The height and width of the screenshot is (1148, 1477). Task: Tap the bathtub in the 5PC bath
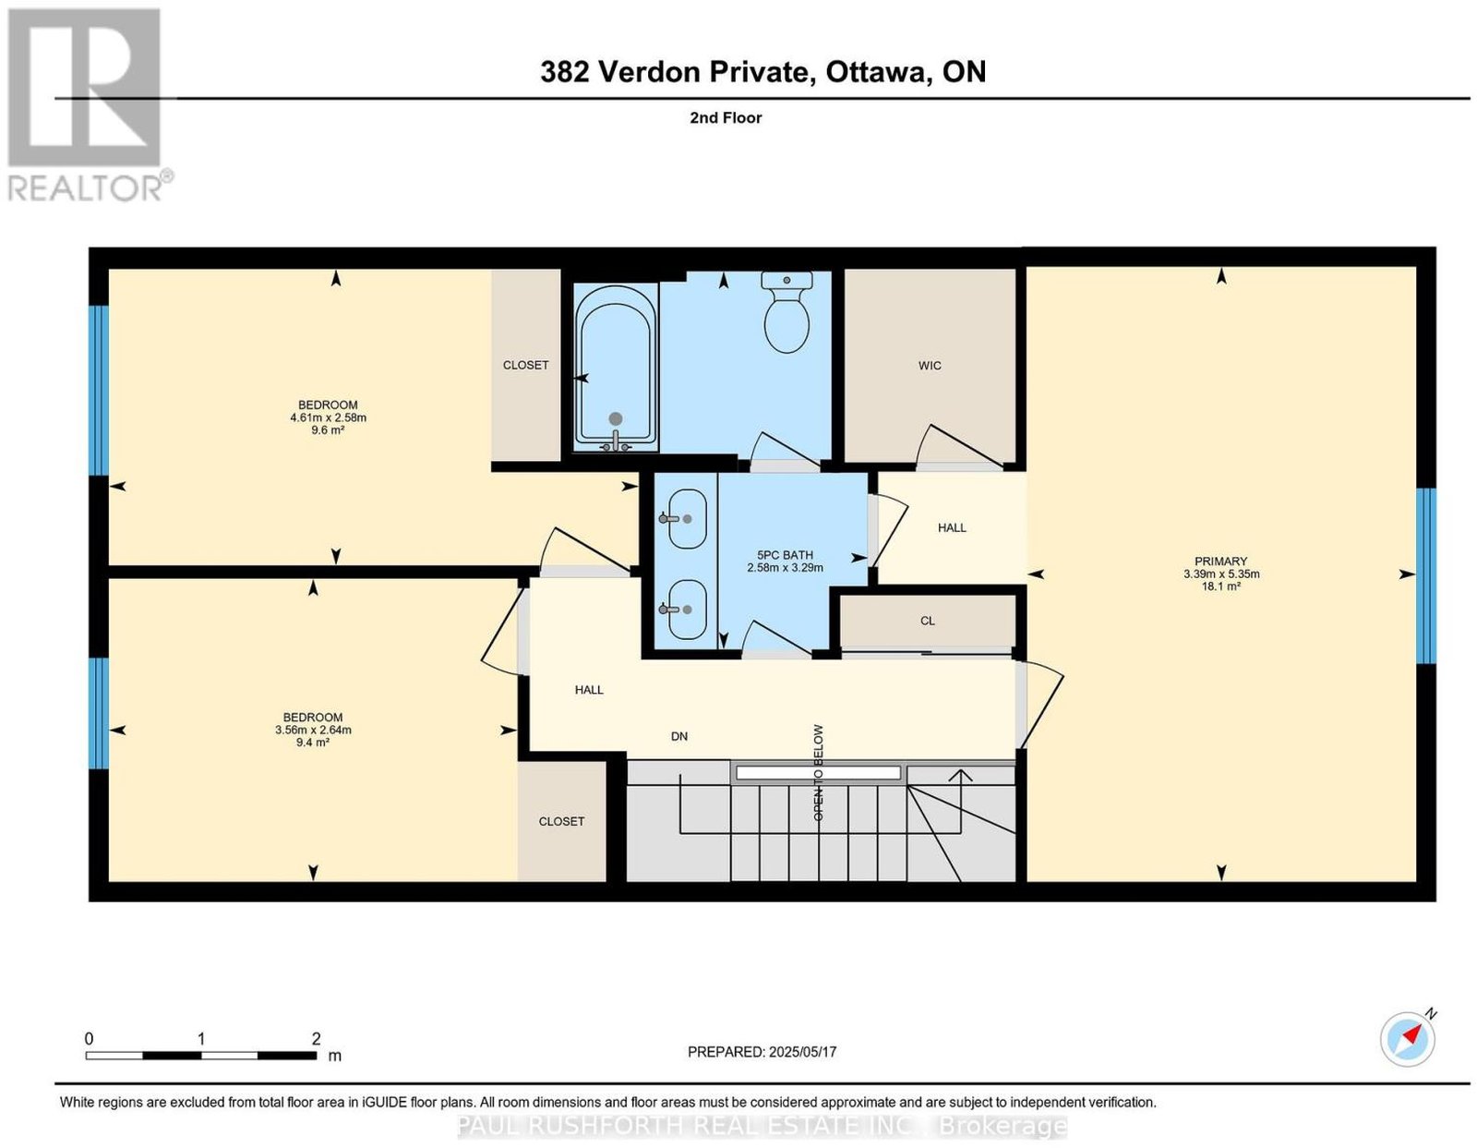click(x=616, y=368)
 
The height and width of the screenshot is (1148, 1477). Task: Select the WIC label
click(x=930, y=366)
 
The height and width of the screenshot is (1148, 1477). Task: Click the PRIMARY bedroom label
click(x=1220, y=561)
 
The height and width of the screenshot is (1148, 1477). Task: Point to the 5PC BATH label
click(x=785, y=555)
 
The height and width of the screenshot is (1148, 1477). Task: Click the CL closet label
click(x=927, y=621)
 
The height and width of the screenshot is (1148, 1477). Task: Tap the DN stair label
click(x=679, y=736)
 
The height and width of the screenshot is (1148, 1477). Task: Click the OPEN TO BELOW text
click(x=819, y=772)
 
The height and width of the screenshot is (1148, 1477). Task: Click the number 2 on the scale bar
click(x=316, y=1038)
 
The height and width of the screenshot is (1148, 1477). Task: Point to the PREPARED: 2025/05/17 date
click(x=762, y=1051)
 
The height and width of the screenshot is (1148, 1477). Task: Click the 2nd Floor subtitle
click(x=726, y=117)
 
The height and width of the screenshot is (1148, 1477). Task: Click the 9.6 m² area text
click(x=328, y=430)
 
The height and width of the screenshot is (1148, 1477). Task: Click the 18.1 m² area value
click(x=1220, y=586)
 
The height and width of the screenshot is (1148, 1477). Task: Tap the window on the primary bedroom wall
click(x=1426, y=575)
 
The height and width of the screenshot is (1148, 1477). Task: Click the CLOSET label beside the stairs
click(x=561, y=821)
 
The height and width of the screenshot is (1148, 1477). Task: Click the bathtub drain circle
click(x=616, y=418)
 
